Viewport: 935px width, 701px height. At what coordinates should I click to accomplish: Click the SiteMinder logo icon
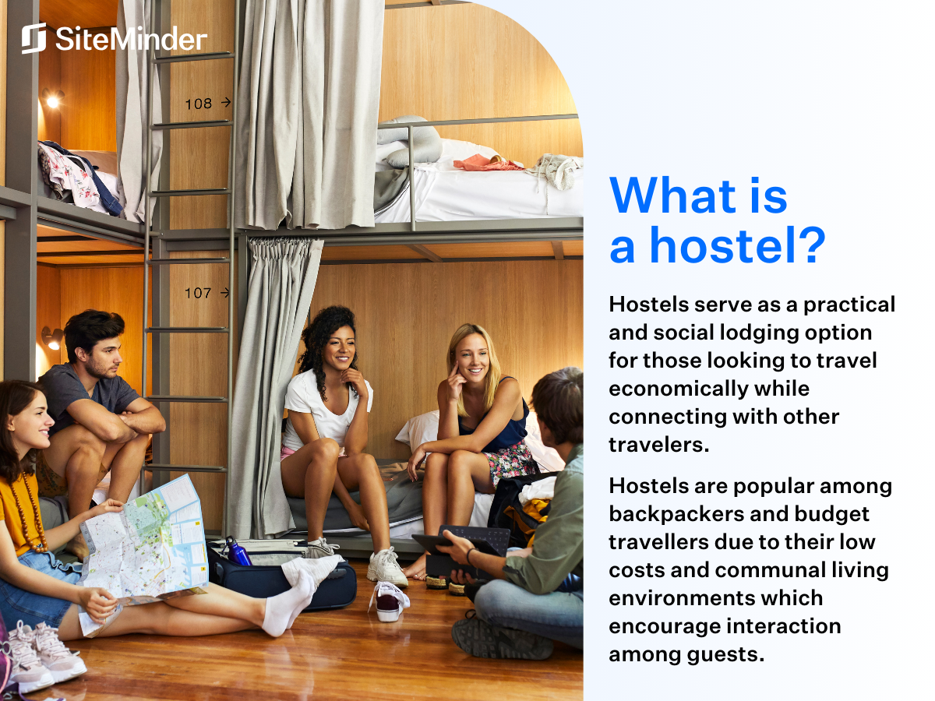point(34,38)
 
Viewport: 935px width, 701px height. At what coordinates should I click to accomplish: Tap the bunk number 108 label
point(199,104)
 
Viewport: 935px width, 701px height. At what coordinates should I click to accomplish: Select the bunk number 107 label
point(199,294)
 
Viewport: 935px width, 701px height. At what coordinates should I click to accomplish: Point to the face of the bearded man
point(101,355)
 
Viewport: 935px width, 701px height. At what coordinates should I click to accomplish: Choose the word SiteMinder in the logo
point(131,39)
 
